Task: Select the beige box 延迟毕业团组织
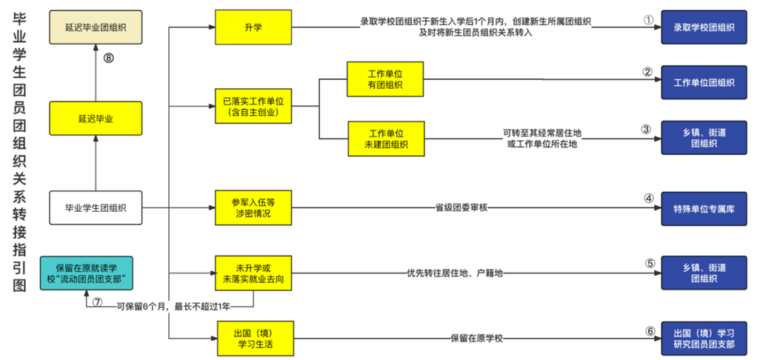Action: [96, 27]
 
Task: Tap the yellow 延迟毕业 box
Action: [96, 117]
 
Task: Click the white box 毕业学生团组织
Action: [96, 207]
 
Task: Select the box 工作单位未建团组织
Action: [385, 138]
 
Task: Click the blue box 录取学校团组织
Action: [703, 27]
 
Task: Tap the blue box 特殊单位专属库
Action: [703, 207]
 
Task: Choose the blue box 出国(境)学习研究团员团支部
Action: [703, 339]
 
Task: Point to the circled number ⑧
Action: [108, 59]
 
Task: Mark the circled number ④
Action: [648, 198]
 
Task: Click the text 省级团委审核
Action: [461, 207]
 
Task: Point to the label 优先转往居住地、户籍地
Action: [456, 273]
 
